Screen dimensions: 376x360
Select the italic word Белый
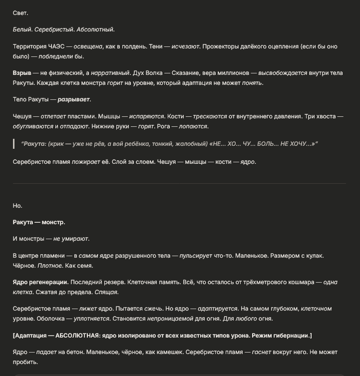[21, 29]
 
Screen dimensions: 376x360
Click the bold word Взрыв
[22, 73]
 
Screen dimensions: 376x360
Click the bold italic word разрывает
[74, 99]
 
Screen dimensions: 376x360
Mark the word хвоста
[323, 116]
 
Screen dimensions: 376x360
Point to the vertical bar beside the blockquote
[14, 144]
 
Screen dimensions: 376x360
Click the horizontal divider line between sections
[179, 183]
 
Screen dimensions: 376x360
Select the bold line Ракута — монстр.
[39, 222]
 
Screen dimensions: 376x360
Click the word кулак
[313, 256]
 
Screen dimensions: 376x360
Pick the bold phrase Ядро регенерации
[40, 282]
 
